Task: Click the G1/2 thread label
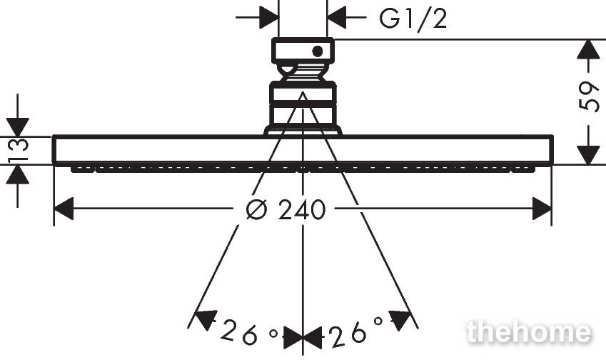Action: pos(413,18)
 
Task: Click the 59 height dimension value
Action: pos(589,96)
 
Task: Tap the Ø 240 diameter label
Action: pos(286,209)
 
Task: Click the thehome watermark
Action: pos(529,332)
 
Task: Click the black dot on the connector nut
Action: pos(318,51)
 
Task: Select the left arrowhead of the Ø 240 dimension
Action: pos(64,209)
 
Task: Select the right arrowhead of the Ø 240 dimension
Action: pos(542,209)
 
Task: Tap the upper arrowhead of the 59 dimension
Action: pos(588,49)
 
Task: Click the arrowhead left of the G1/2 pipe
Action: pos(268,17)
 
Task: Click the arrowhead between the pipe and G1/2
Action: pos(337,17)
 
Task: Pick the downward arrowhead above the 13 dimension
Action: pos(17,127)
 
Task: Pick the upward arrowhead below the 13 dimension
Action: pos(17,175)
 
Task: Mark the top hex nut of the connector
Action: pos(303,51)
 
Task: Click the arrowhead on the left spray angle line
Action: pos(205,320)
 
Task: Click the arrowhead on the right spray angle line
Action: pos(400,320)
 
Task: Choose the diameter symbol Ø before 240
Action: pos(257,209)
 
